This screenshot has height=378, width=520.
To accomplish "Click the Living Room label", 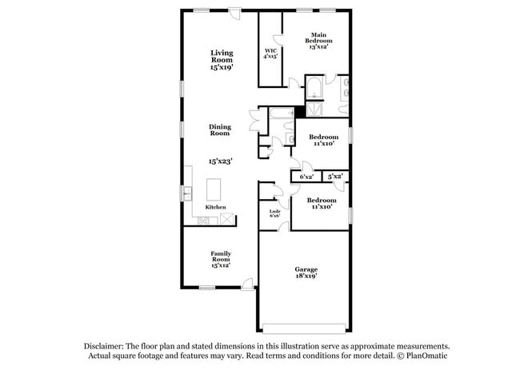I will [x=222, y=61].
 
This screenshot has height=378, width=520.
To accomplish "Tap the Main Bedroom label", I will [x=319, y=41].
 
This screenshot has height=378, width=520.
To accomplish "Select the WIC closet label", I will [x=271, y=54].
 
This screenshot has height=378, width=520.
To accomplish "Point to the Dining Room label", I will [x=219, y=129].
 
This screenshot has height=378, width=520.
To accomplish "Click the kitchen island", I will [x=214, y=189].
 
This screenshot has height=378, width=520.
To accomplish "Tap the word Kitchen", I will [x=216, y=207].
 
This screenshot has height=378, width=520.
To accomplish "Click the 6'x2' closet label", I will [x=306, y=177].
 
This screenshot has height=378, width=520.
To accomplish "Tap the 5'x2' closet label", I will [x=334, y=176].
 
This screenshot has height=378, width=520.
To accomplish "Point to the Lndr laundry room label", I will [x=274, y=213].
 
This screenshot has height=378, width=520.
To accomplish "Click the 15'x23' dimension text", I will [x=219, y=161].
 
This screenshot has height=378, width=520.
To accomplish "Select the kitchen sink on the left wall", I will [x=188, y=193].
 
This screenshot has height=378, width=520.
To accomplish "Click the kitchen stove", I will [x=227, y=217].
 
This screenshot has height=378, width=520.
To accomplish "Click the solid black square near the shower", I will [x=300, y=112].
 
